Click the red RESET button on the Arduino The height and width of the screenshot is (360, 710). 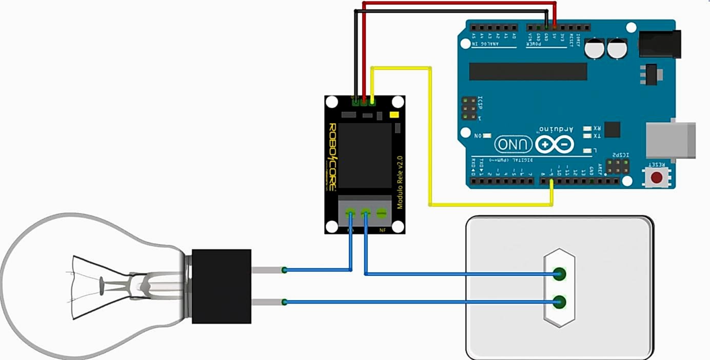[656, 178]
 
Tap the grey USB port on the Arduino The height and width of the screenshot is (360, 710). [670, 140]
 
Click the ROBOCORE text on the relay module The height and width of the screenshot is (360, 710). [332, 156]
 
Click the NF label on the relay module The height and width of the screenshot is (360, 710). [382, 231]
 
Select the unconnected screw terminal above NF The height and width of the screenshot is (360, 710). [381, 212]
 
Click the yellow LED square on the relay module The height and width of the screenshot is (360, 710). [395, 115]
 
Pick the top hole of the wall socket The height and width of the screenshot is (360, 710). [560, 274]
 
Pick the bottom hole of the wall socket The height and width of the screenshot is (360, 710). [560, 302]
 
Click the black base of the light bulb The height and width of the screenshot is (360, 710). [221, 286]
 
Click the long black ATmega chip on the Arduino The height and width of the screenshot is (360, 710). [528, 72]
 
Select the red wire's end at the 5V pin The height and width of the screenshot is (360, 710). [555, 25]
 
